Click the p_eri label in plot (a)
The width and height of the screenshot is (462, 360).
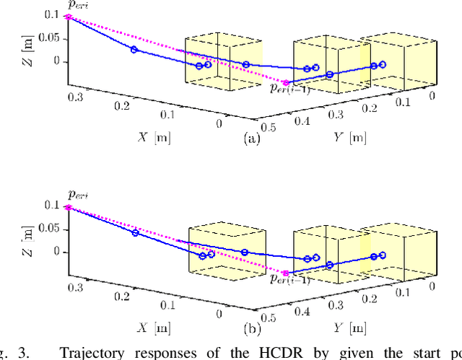(x=77, y=6)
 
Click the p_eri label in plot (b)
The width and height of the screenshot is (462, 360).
(x=77, y=195)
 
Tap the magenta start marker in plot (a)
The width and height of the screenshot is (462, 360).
(x=69, y=16)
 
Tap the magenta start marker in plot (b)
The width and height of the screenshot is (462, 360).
(x=69, y=207)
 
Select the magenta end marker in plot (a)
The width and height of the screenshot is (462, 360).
(x=287, y=82)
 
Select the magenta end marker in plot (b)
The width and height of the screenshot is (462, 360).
(x=286, y=273)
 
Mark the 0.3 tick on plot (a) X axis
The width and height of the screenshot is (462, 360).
(x=74, y=95)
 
